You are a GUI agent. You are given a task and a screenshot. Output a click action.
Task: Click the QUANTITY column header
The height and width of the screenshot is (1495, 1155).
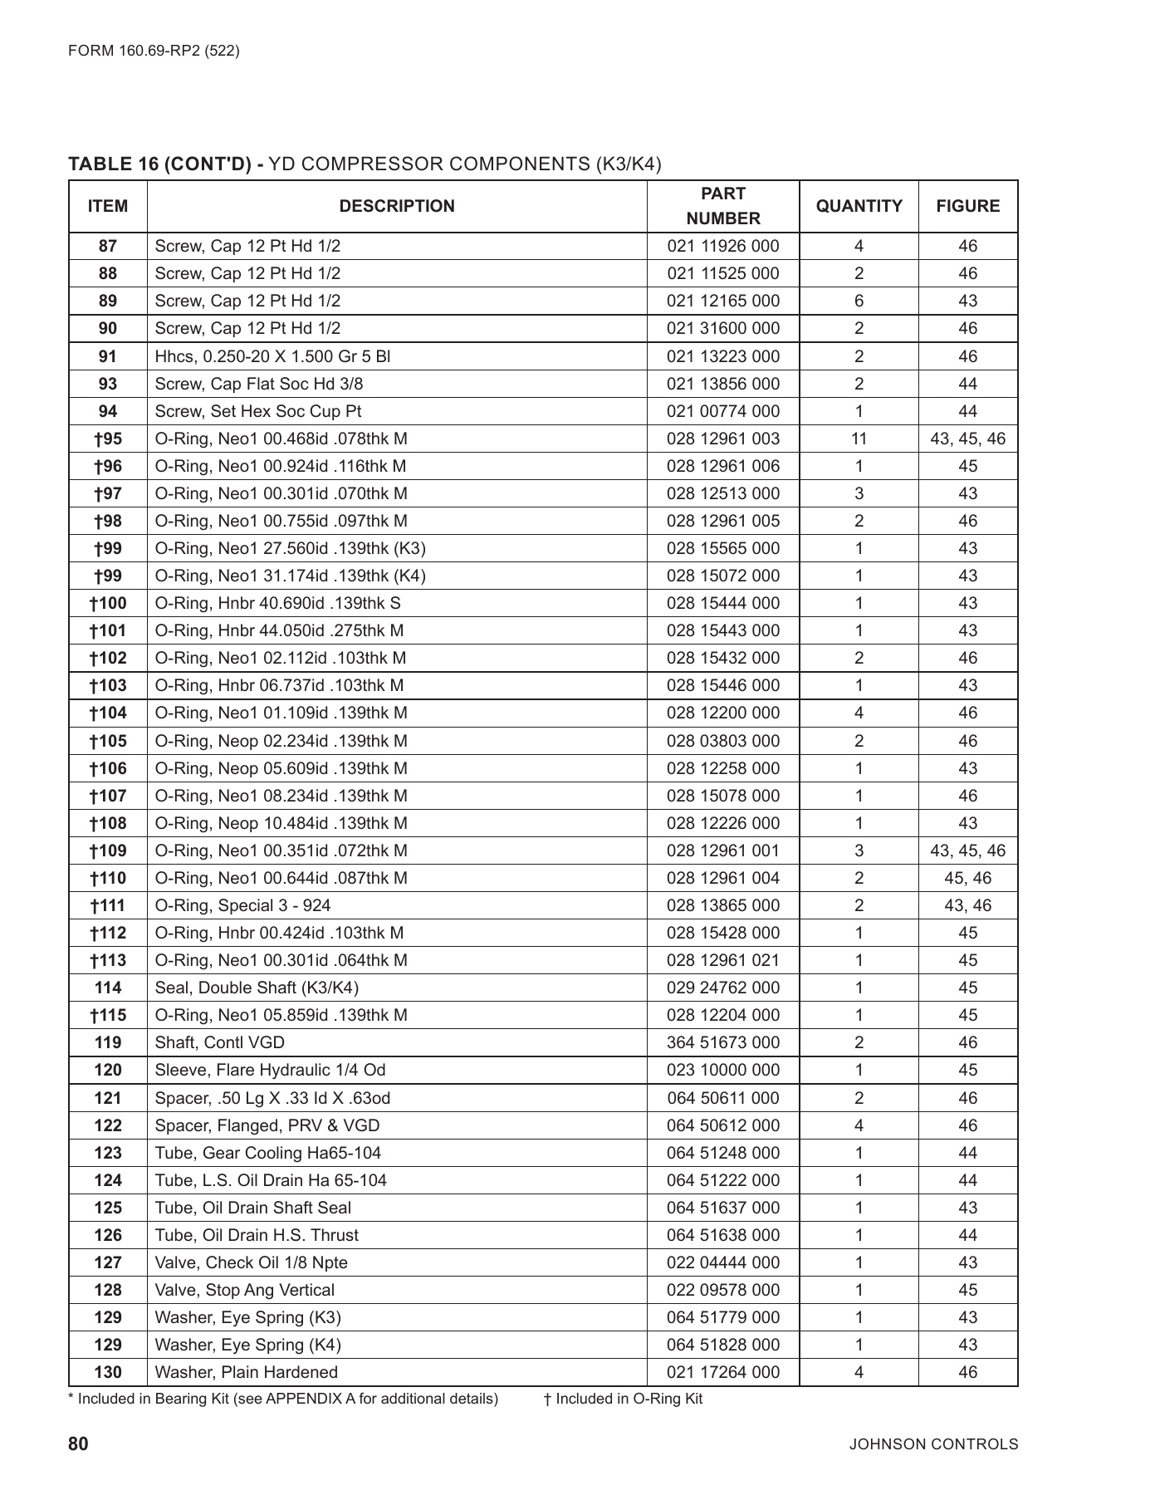[x=859, y=206]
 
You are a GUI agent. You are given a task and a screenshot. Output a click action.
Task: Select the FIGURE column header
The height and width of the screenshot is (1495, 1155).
[x=967, y=206]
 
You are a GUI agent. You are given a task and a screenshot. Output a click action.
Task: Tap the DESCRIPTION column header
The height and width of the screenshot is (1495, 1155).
[x=397, y=206]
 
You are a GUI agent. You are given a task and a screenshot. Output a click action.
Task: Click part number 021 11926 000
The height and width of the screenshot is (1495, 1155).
[x=722, y=246]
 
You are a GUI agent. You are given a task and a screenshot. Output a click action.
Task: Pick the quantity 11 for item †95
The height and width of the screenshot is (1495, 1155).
[x=859, y=439]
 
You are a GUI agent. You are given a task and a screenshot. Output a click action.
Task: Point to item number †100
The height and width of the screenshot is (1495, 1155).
[x=108, y=603]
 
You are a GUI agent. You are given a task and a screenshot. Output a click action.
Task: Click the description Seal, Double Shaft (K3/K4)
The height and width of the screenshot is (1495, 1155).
[x=257, y=988]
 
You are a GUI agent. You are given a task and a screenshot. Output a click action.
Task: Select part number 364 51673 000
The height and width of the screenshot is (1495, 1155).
[x=722, y=1042]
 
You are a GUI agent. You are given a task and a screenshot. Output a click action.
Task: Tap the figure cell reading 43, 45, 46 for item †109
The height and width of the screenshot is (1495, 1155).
[x=967, y=850]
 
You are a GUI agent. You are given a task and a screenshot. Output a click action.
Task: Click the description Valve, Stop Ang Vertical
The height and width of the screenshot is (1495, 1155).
[x=245, y=1290]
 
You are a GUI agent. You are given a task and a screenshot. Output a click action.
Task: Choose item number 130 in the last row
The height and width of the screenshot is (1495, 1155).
[x=108, y=1372]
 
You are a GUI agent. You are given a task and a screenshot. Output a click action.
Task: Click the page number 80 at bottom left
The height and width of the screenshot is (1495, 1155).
[x=78, y=1444]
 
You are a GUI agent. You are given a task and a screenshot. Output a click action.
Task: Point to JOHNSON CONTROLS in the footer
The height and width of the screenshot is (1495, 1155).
[x=933, y=1444]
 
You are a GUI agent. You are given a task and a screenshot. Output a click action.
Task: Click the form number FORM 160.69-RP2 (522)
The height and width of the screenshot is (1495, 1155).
[x=154, y=51]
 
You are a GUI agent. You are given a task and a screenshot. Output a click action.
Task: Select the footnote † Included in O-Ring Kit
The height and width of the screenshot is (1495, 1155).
[x=623, y=1399]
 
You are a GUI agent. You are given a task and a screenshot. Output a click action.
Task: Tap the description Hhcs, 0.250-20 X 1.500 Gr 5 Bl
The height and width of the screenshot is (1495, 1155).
[x=272, y=356]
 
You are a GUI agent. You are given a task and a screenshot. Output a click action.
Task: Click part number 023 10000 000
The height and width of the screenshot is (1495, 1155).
[x=722, y=1070]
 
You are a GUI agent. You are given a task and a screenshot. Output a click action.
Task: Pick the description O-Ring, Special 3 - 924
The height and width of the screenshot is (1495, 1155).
[x=242, y=905]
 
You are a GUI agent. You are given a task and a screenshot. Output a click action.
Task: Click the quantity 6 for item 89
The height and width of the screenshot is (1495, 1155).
[x=859, y=301]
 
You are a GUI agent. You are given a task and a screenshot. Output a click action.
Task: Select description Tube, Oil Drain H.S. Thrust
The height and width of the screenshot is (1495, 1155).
[x=257, y=1235]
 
